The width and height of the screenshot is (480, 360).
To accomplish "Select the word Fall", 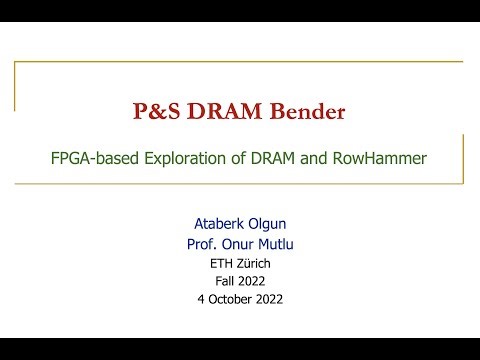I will click(x=225, y=281).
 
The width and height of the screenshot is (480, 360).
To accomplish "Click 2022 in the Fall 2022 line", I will click(x=254, y=281).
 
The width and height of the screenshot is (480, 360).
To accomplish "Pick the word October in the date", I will click(x=236, y=299).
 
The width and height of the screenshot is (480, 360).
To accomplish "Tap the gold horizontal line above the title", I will click(x=240, y=62).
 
